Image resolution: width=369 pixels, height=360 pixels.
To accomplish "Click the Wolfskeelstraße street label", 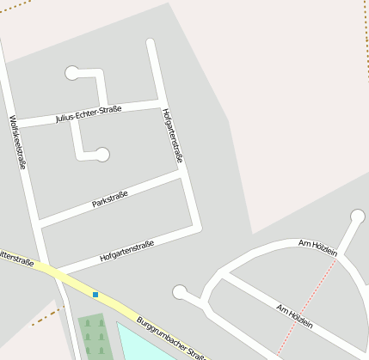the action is (x=17, y=141).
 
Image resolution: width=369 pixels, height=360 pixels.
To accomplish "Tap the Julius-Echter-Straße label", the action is (x=88, y=113).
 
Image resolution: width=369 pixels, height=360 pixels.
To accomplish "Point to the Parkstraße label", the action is (x=109, y=201).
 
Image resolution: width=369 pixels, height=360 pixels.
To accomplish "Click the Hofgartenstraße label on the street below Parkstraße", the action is (x=126, y=251).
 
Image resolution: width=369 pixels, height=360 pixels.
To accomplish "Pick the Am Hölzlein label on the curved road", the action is (x=317, y=247).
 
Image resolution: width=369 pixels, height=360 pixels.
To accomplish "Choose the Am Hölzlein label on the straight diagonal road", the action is (x=294, y=318).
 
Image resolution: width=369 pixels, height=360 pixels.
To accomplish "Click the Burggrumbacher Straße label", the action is (x=173, y=337).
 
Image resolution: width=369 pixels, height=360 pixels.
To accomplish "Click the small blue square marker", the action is (x=95, y=295).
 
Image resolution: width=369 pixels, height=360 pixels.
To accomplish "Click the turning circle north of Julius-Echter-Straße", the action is (x=71, y=73).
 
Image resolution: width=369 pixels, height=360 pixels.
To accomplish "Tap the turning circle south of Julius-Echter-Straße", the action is (x=103, y=155).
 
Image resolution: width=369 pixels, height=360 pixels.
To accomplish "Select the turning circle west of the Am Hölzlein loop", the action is (x=180, y=292).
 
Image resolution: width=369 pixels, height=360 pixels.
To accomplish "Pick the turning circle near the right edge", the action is (x=358, y=216).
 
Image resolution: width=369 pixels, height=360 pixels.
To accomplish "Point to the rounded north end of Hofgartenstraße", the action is (x=151, y=42).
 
